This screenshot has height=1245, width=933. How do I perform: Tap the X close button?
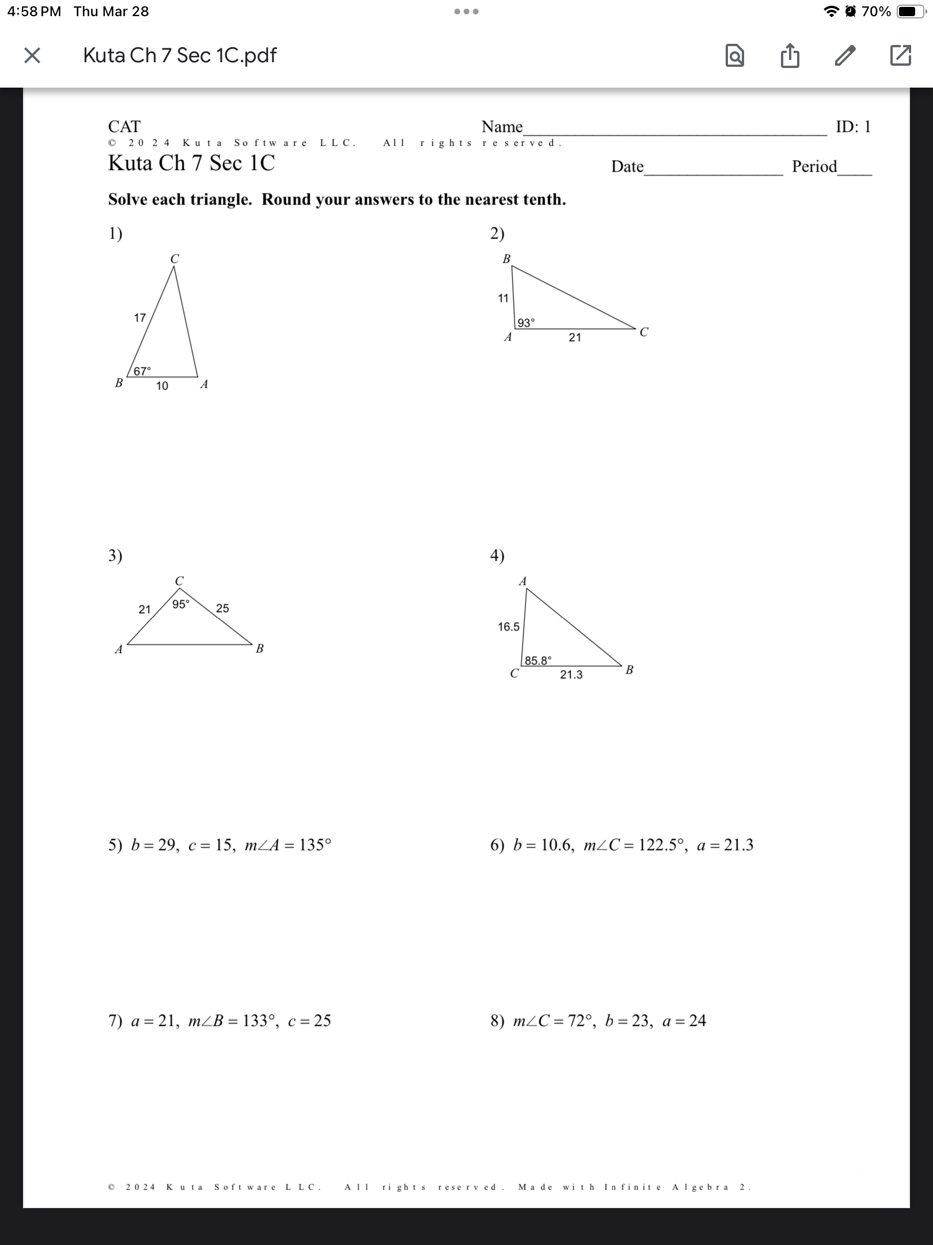click(x=32, y=55)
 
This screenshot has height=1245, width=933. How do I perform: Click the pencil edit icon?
click(x=845, y=55)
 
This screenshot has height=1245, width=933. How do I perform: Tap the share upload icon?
click(x=790, y=55)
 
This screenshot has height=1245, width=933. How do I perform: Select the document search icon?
click(x=734, y=56)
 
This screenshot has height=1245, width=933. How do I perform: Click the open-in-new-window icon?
click(x=900, y=55)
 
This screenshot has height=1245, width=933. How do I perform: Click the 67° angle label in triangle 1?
click(x=142, y=371)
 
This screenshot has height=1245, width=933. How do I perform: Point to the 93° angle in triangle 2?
click(x=525, y=323)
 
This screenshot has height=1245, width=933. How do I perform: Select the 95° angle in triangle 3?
click(x=180, y=604)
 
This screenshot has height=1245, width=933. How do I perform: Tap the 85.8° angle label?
click(x=537, y=661)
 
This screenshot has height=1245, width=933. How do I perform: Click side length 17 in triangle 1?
click(x=140, y=318)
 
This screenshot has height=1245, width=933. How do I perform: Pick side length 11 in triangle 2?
click(x=503, y=298)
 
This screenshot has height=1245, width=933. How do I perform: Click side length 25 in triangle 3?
click(x=222, y=608)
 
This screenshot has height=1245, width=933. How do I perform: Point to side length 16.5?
click(x=509, y=627)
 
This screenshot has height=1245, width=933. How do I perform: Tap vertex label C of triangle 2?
click(x=643, y=333)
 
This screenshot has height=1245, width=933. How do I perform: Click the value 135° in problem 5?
click(x=315, y=845)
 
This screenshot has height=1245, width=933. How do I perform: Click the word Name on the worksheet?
click(x=502, y=127)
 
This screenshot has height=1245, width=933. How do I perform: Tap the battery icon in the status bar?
click(x=912, y=12)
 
